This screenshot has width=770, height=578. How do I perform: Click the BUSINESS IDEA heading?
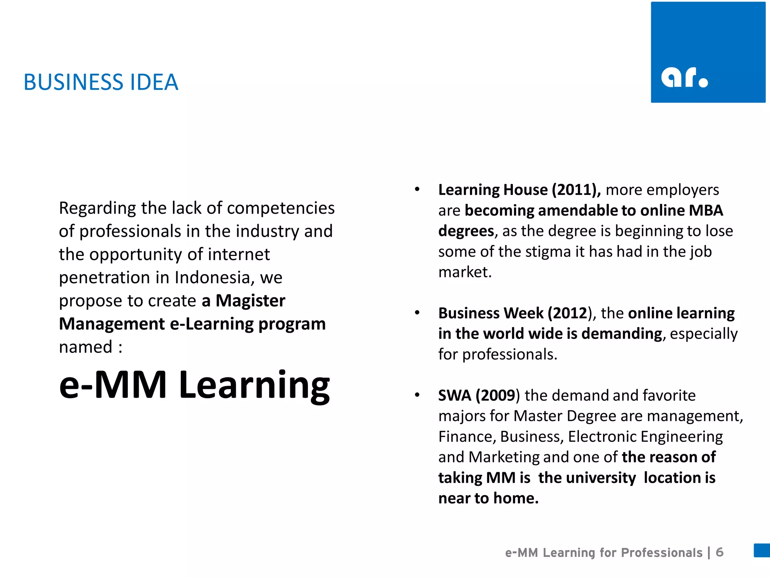click(x=101, y=82)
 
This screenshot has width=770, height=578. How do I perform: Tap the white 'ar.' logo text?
click(x=684, y=78)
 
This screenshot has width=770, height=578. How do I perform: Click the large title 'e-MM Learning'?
click(x=194, y=385)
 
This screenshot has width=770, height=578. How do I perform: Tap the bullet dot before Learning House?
click(x=417, y=189)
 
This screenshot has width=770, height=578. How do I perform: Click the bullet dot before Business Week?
click(x=417, y=313)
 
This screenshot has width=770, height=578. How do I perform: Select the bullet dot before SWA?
click(x=417, y=395)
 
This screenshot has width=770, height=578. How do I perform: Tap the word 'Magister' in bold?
click(x=250, y=301)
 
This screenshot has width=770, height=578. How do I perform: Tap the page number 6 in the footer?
click(x=720, y=552)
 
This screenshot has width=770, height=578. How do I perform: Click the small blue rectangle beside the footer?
click(x=762, y=550)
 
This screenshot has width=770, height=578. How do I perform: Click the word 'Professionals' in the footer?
click(x=662, y=552)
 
